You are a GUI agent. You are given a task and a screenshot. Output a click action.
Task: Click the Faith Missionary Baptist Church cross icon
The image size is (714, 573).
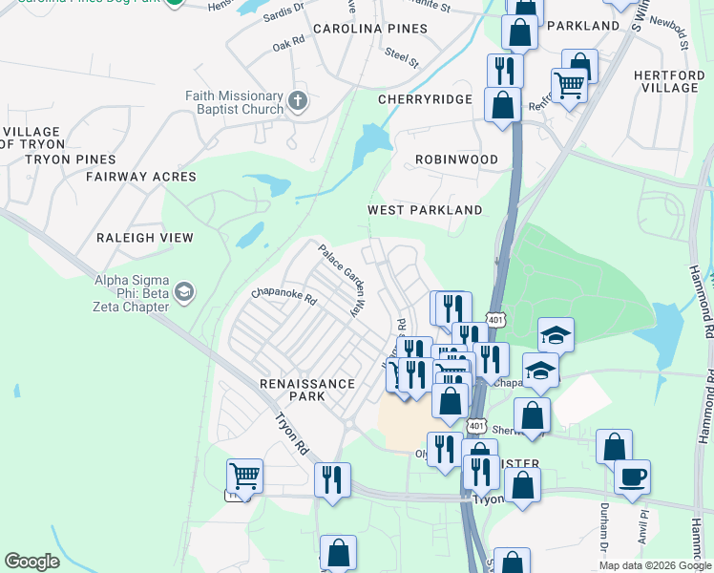298,99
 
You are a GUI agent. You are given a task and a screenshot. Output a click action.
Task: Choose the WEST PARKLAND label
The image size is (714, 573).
425,210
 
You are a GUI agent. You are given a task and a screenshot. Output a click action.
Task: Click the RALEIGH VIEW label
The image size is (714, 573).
144,238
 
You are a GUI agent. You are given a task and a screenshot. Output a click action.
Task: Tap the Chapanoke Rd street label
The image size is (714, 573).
283,296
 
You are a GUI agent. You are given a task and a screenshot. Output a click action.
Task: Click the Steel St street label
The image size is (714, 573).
402,58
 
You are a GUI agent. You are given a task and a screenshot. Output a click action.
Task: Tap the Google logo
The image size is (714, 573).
31,562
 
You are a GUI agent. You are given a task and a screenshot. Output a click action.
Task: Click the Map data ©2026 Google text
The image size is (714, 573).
655,565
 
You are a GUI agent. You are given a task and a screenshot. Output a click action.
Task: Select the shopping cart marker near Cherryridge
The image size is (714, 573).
569,84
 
